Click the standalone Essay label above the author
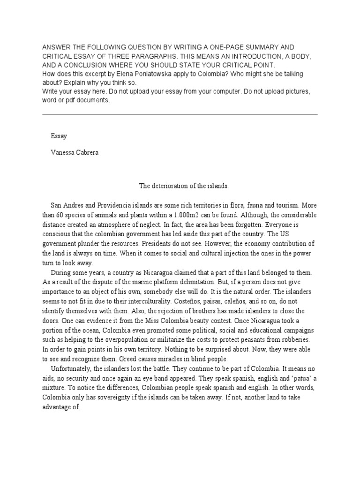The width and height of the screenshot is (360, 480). (x=59, y=136)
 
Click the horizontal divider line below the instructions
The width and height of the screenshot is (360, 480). (x=180, y=114)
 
